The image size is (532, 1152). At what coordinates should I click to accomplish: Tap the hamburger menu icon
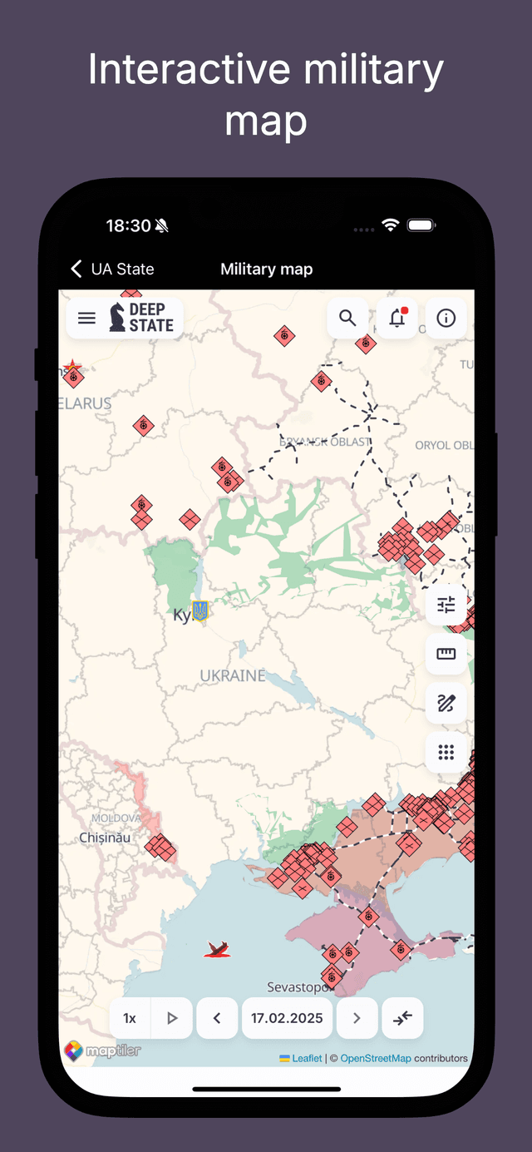(86, 319)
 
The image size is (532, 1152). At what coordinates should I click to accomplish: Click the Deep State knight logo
(117, 318)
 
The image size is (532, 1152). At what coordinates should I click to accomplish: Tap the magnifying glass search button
(347, 318)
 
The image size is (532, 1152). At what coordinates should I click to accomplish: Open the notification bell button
(397, 318)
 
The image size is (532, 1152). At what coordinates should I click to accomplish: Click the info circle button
(446, 318)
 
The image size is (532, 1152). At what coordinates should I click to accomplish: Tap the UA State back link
(113, 269)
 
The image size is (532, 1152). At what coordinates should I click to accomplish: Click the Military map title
(266, 269)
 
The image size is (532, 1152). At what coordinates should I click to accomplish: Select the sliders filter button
(446, 605)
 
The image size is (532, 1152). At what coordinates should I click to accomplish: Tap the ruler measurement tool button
(446, 654)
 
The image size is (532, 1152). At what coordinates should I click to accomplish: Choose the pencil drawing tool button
(446, 704)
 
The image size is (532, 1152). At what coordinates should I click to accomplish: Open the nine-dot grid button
(446, 753)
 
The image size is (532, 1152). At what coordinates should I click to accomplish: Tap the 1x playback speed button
(130, 1018)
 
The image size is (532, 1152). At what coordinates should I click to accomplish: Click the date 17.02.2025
(287, 1018)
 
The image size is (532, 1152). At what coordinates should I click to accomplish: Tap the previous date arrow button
(217, 1018)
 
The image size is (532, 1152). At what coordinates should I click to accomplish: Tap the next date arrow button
(357, 1018)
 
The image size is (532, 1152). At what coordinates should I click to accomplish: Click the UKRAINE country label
(233, 675)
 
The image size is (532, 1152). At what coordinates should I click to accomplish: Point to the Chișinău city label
(105, 838)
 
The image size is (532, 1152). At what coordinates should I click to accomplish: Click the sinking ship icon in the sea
(218, 949)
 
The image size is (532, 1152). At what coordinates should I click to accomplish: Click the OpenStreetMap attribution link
(376, 1058)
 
